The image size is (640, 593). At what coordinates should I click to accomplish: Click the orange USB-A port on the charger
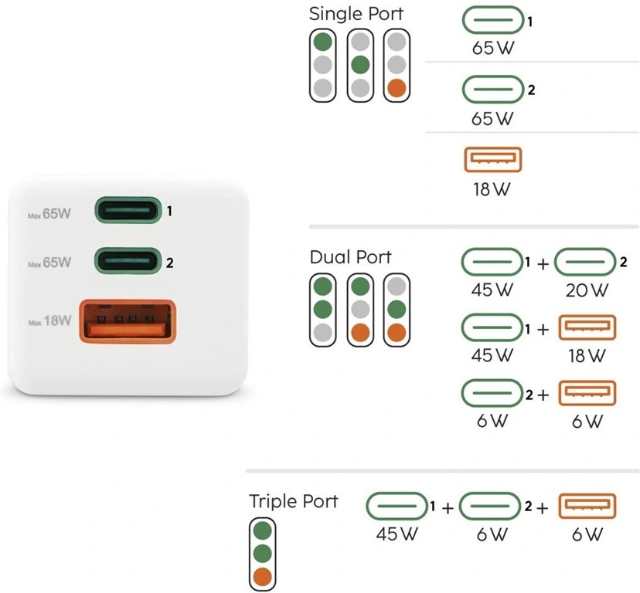tap(128, 321)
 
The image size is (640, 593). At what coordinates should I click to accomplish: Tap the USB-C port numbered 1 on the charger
tap(128, 210)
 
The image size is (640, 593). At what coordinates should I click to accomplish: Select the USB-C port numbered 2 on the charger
tap(128, 261)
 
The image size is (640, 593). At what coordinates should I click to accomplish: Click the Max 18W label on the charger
tap(49, 321)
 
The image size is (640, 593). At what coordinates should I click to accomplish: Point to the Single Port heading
tap(356, 14)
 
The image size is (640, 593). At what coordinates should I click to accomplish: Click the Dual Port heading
tap(350, 257)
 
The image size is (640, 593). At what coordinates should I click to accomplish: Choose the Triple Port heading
tap(294, 501)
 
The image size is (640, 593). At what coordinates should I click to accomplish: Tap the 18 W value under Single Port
tap(492, 189)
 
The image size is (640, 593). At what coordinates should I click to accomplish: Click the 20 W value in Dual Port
tap(587, 290)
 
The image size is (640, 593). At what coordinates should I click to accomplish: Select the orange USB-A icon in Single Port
tap(492, 160)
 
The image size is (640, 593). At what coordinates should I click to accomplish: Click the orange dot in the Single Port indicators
tap(397, 88)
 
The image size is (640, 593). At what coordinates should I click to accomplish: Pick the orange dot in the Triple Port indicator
tap(263, 577)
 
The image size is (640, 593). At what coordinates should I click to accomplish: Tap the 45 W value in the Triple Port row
tap(397, 534)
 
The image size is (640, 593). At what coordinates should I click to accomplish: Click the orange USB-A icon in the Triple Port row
tap(587, 506)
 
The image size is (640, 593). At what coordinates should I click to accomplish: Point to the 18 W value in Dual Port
tap(587, 356)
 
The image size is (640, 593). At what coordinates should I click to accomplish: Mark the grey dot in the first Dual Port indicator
tap(323, 333)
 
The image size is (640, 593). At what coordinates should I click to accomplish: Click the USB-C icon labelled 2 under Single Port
tap(492, 90)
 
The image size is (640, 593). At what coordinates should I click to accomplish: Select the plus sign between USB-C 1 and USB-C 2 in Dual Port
tap(543, 264)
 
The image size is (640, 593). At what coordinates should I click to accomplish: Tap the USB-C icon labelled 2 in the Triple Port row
tap(490, 506)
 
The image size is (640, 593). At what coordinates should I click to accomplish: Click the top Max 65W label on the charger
tap(49, 213)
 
